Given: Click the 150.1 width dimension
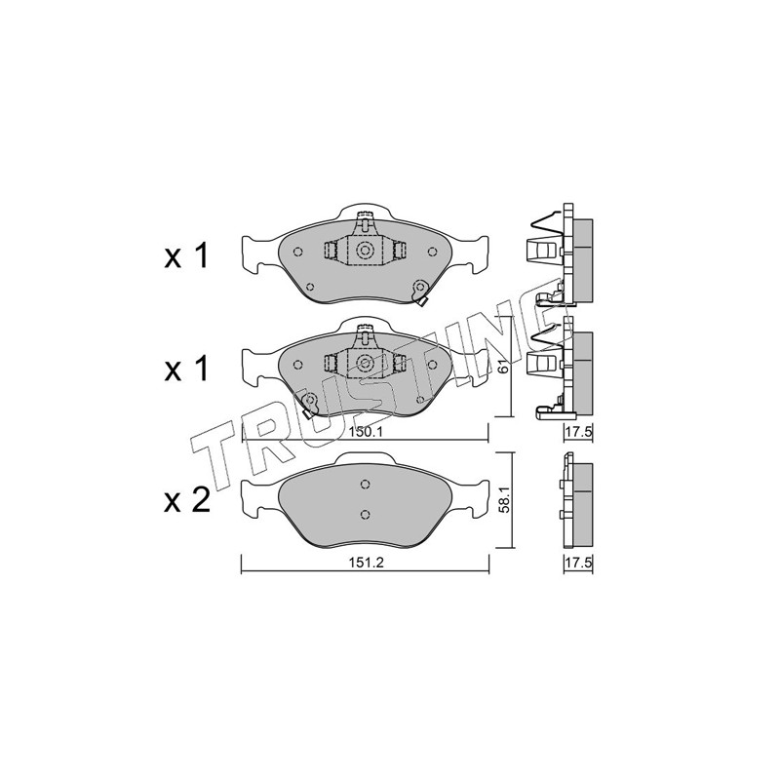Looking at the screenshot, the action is click(365, 432).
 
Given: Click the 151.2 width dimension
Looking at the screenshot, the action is click(365, 563).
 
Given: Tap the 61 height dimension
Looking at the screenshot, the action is click(503, 367).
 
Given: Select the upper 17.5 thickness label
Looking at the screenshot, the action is click(578, 432).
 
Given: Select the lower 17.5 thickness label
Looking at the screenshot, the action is click(578, 563).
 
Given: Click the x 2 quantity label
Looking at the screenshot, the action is click(187, 500).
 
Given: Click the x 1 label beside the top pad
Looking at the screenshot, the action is click(186, 256).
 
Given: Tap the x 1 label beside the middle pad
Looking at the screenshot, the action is click(186, 370).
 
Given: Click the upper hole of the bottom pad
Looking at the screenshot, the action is click(365, 484).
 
